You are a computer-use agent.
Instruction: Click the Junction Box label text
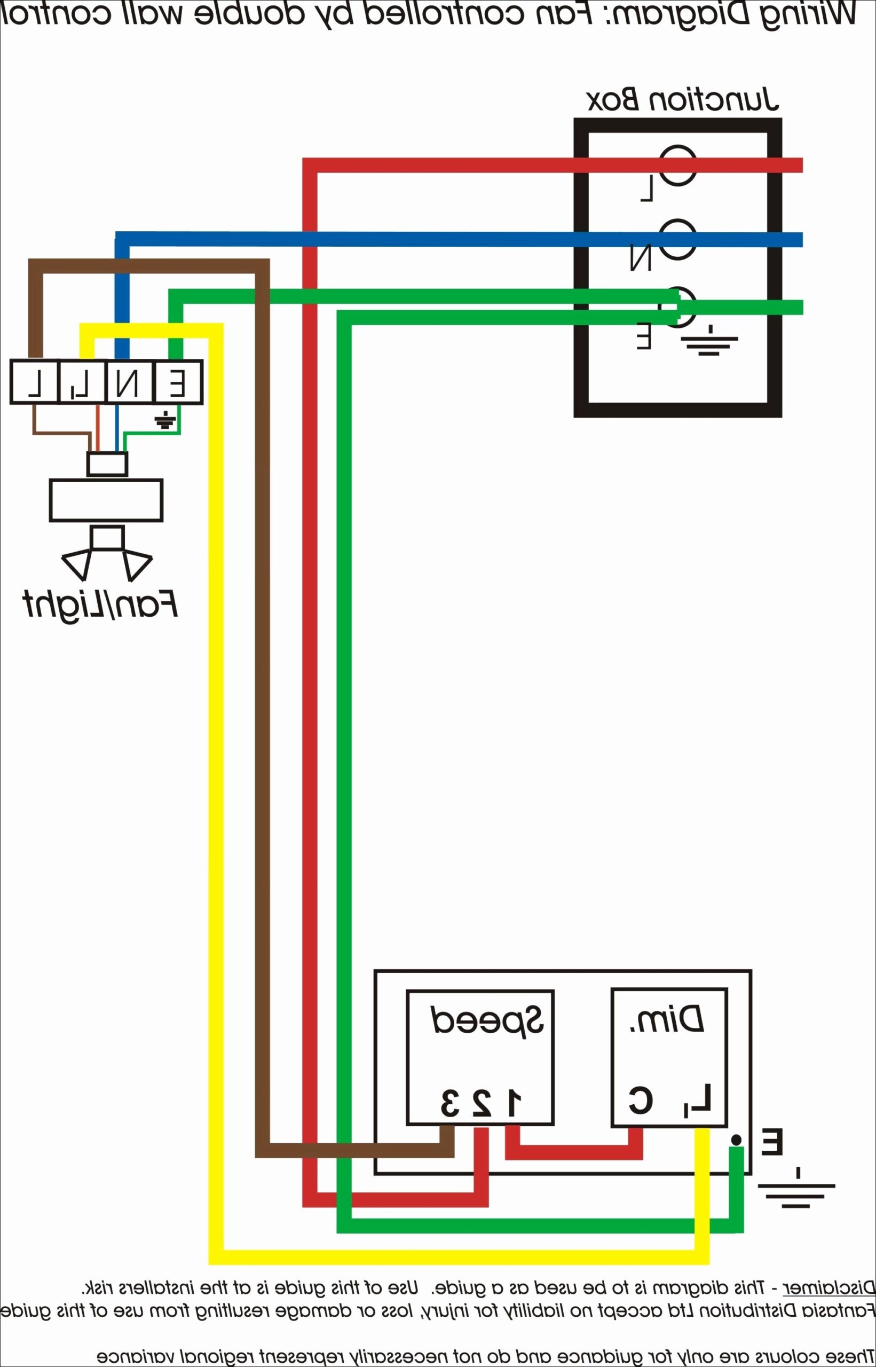pos(682,100)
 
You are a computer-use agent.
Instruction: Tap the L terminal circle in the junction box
pos(678,165)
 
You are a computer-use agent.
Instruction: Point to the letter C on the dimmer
pos(641,1100)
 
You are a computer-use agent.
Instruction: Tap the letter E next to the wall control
pos(771,1142)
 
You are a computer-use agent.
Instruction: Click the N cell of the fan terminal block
pos(129,382)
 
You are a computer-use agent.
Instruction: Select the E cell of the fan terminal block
pos(177,382)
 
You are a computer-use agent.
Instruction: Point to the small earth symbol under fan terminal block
pos(164,421)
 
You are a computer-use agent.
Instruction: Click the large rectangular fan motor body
pos(106,500)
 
